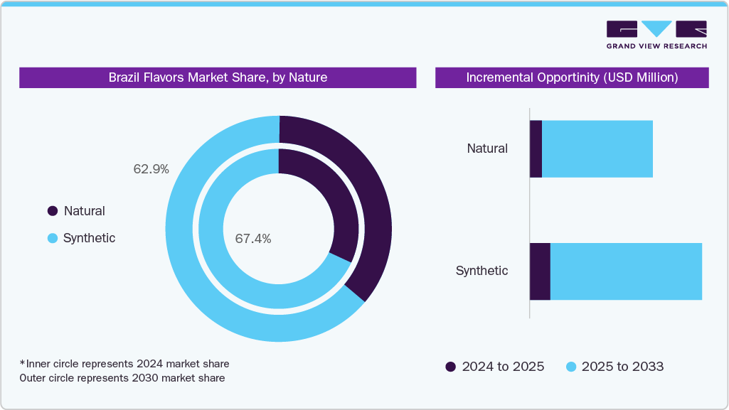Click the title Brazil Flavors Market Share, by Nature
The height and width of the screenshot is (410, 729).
[x=218, y=77]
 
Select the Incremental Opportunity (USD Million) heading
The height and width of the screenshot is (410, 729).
[x=572, y=77]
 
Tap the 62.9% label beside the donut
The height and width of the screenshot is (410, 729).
[x=151, y=169]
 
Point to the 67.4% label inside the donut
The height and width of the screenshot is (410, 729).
[x=252, y=239]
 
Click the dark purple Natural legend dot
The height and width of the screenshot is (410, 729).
[x=52, y=211]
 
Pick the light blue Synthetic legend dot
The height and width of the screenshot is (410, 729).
[x=52, y=239]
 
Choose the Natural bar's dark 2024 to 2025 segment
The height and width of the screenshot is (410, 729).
[x=536, y=149]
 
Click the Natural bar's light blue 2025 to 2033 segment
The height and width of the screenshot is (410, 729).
[x=597, y=149]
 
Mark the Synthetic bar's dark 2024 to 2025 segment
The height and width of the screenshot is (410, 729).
[x=540, y=271]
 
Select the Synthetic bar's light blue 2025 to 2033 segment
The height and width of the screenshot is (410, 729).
[x=626, y=271]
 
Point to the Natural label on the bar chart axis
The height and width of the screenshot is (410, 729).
[x=487, y=149]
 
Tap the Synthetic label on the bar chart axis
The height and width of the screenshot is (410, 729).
[x=481, y=271]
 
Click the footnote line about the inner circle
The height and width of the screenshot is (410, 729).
[x=124, y=364]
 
